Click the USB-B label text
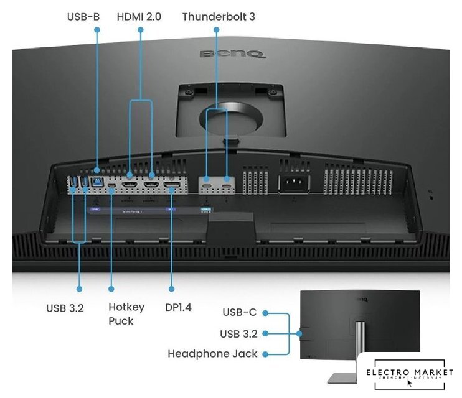[x=83, y=16]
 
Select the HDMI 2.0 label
[x=139, y=16]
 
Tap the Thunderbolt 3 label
[x=219, y=16]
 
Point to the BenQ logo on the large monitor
[x=232, y=54]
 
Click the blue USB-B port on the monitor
[x=98, y=182]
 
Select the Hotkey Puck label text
[x=126, y=314]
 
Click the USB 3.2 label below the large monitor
[x=65, y=307]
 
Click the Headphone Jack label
[x=212, y=354]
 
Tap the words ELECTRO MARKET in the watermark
[x=409, y=373]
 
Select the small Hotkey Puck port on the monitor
[x=111, y=185]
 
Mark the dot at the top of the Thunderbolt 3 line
[x=216, y=30]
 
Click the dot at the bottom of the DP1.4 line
[x=172, y=289]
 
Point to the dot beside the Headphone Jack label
[x=265, y=354]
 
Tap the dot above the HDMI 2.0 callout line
[x=140, y=30]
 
